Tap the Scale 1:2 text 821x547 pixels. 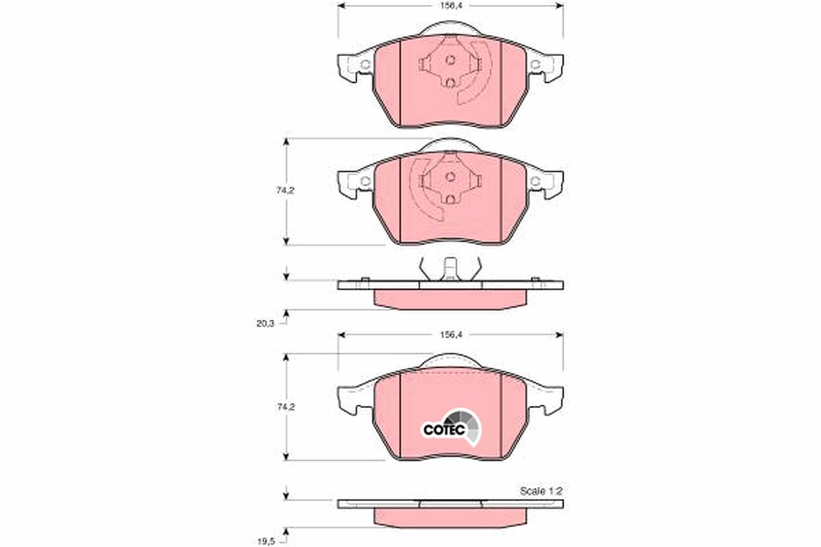click(x=540, y=491)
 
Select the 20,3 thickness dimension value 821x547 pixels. click(x=265, y=324)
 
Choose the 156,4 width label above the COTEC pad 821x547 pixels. click(x=450, y=334)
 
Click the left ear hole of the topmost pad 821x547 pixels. click(x=365, y=66)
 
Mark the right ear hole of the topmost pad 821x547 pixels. click(x=536, y=66)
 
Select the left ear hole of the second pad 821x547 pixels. click(x=365, y=181)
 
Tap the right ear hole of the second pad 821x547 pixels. click(x=536, y=181)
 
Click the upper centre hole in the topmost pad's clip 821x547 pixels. click(x=450, y=59)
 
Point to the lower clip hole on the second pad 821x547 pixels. click(x=450, y=199)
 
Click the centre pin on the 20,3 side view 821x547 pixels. click(x=449, y=268)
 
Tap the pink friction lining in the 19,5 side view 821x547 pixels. click(x=450, y=518)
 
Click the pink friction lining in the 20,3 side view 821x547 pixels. click(x=450, y=299)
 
